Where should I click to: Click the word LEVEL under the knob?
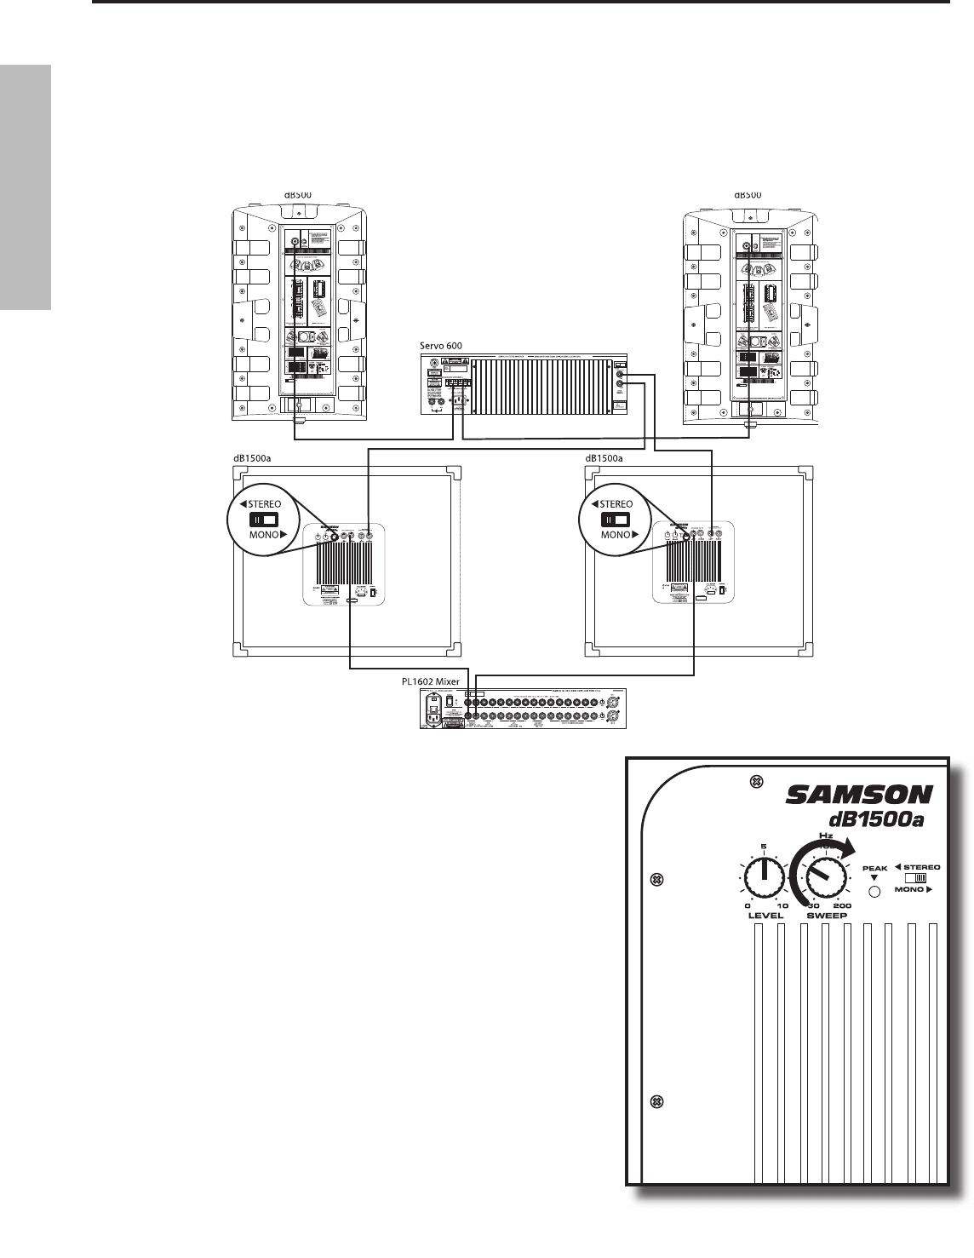point(765,916)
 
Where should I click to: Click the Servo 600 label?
point(440,345)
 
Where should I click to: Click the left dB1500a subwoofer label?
point(256,457)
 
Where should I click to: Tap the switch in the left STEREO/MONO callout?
point(263,519)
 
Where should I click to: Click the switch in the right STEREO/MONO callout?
point(614,520)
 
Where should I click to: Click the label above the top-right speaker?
point(748,194)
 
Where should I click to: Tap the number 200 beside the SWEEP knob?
point(841,905)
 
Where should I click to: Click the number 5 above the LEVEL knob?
point(765,847)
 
